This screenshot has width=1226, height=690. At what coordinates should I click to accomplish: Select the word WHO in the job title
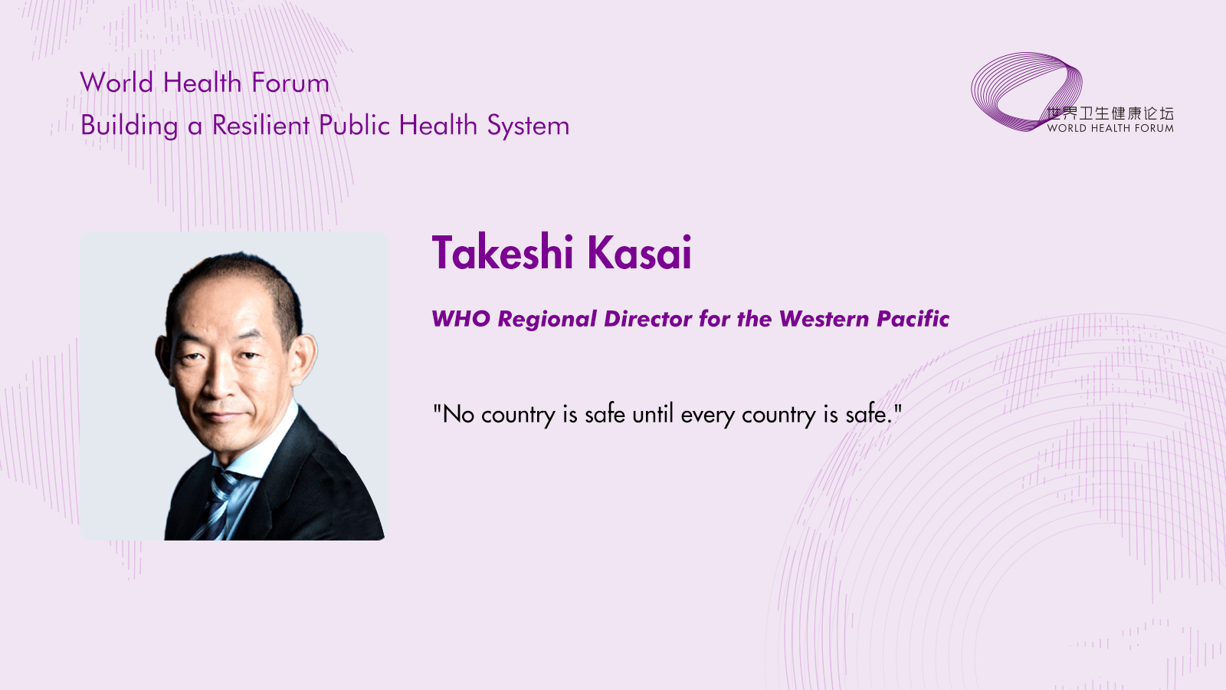[461, 319]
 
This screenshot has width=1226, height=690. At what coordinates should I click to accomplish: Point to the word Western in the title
[824, 319]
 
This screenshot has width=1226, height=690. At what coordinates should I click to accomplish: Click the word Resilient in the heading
[261, 126]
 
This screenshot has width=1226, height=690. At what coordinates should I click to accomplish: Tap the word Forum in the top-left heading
[290, 83]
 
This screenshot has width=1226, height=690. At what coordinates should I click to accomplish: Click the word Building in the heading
[129, 126]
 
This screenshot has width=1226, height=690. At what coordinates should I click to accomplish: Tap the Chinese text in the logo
[1110, 113]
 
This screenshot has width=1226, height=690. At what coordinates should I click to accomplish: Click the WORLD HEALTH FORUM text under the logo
[1110, 129]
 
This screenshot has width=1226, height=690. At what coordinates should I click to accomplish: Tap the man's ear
[304, 359]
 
